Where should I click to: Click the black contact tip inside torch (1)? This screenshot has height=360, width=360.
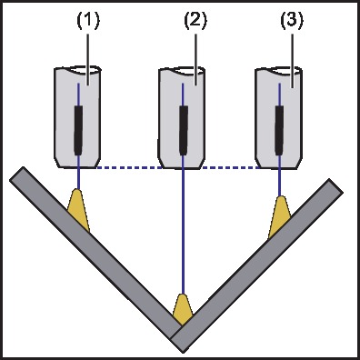(78, 129)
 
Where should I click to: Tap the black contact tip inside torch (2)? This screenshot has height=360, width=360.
(185, 129)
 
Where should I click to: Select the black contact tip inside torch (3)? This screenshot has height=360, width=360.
(280, 129)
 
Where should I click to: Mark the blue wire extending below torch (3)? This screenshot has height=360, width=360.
(281, 182)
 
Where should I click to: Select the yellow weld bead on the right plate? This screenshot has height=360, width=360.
(279, 215)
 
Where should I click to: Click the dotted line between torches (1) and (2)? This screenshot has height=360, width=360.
(127, 167)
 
